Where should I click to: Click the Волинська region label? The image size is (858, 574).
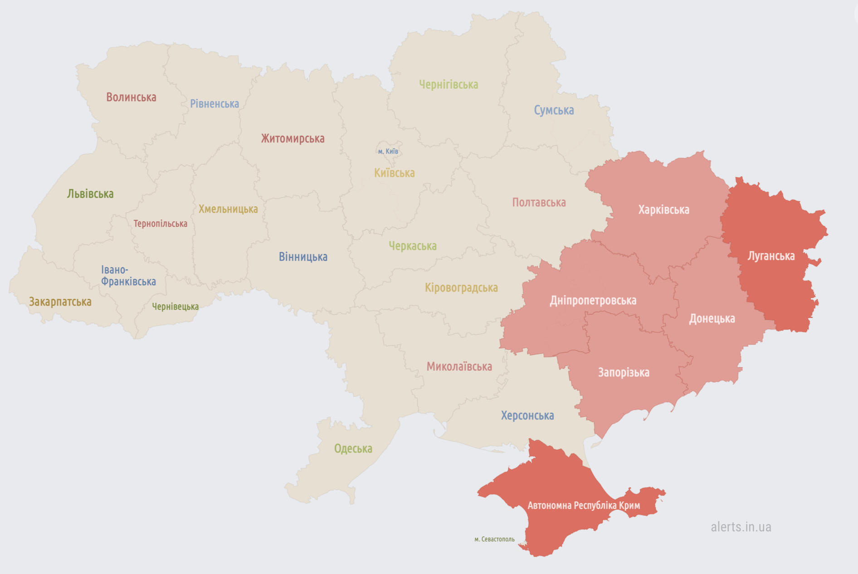[x=131, y=97]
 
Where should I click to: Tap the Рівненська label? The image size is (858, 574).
[x=214, y=104]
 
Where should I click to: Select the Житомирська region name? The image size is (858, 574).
[x=292, y=138]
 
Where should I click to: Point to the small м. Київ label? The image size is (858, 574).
[x=388, y=151]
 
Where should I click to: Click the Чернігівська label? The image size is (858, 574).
[x=448, y=85]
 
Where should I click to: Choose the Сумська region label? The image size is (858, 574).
[x=553, y=110]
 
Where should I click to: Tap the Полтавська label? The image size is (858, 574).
[x=539, y=202]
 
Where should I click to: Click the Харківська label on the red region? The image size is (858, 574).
[x=663, y=209]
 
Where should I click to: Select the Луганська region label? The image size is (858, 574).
[x=771, y=256]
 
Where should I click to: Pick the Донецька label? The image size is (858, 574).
[x=712, y=318]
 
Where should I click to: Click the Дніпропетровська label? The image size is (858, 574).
[x=593, y=300]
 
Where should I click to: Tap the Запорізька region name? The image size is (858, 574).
[x=624, y=372]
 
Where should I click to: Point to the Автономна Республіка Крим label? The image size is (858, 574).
[x=584, y=505]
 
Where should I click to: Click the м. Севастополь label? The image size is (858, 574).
[x=494, y=539]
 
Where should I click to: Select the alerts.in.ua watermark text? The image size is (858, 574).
[x=741, y=527]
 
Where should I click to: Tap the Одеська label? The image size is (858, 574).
[x=353, y=448]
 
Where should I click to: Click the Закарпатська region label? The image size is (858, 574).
[x=60, y=302]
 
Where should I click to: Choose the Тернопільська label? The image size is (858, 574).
[x=160, y=224]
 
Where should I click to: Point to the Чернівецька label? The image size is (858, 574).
[x=175, y=306]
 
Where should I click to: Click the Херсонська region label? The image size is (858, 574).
[x=527, y=415]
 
